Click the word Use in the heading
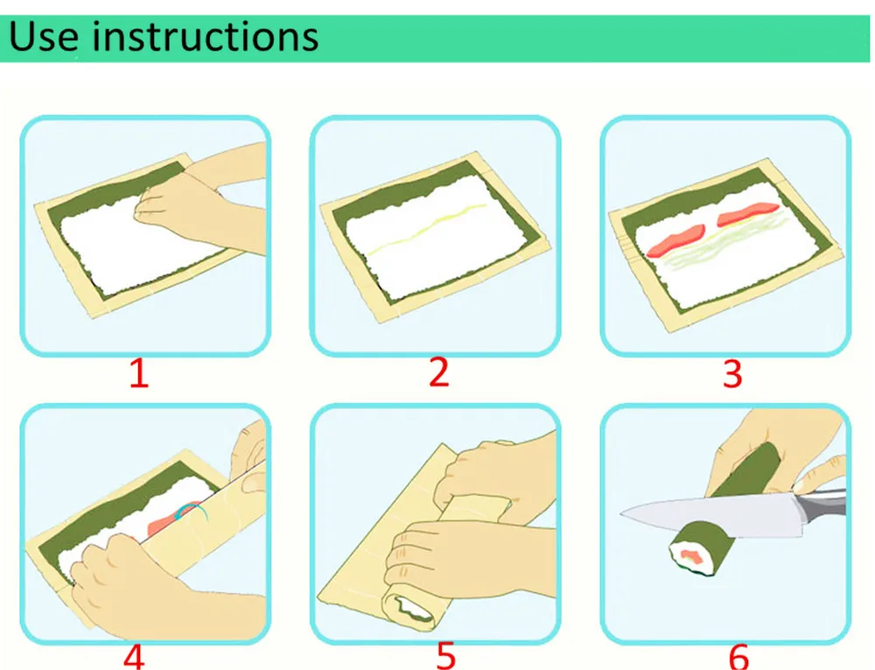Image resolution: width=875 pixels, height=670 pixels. point(44,37)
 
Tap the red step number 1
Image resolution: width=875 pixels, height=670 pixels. point(139,373)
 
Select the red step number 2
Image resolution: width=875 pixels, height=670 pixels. point(439,372)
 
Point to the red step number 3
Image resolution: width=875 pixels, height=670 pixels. point(732,373)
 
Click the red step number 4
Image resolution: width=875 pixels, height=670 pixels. point(134,657)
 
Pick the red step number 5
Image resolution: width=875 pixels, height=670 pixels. point(446,657)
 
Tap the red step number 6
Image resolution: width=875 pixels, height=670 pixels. point(738,657)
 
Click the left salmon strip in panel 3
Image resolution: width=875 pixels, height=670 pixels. point(675,241)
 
